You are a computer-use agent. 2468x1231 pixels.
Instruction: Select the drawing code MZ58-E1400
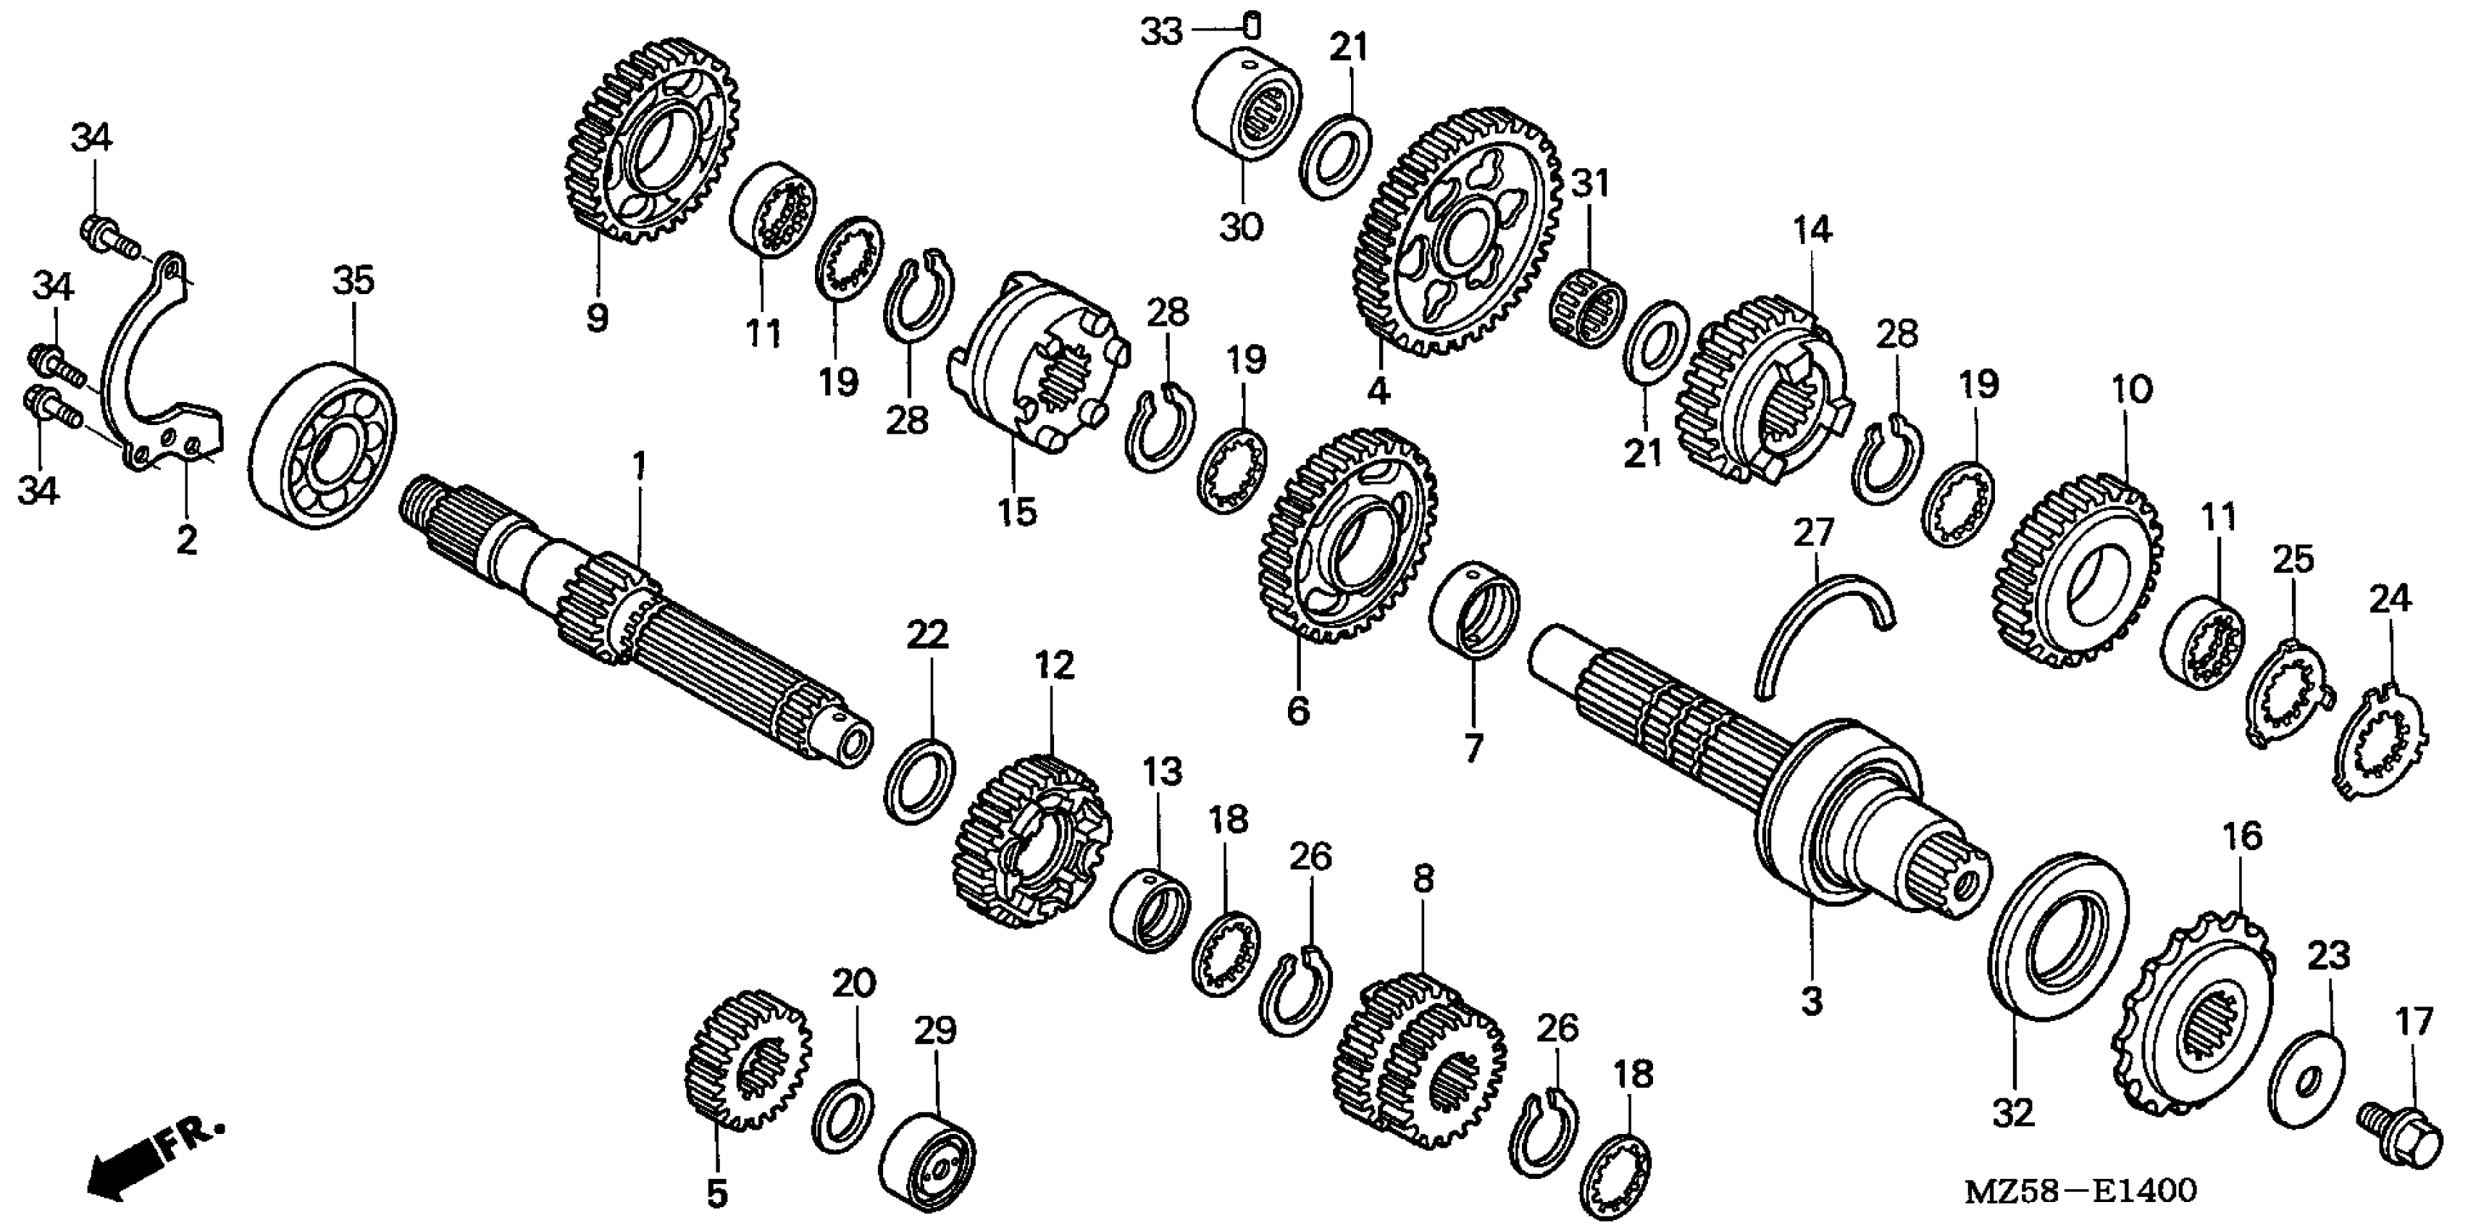click(x=2080, y=1190)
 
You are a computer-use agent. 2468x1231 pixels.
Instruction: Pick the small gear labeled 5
click(x=748, y=1059)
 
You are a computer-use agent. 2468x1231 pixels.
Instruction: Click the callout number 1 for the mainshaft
click(x=638, y=466)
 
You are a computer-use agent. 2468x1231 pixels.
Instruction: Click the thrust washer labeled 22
click(x=918, y=780)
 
